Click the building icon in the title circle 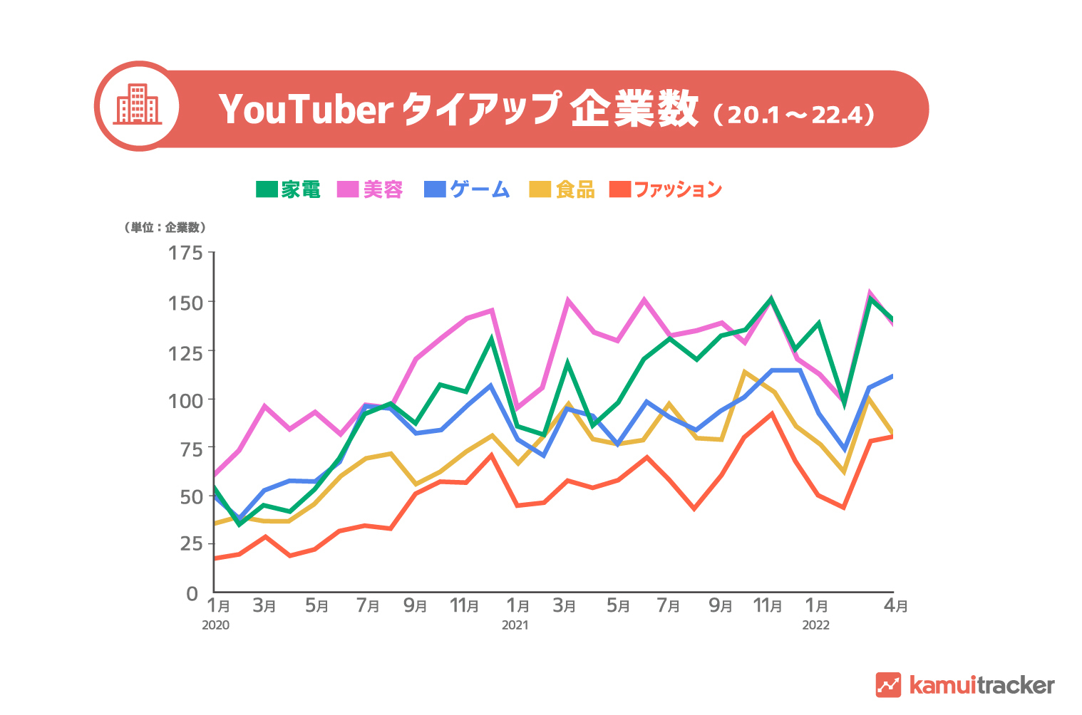pyautogui.click(x=138, y=105)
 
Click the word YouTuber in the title pyautogui.click(x=306, y=110)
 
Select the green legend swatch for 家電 pyautogui.click(x=267, y=189)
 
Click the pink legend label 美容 pyautogui.click(x=383, y=189)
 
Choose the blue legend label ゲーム pyautogui.click(x=480, y=189)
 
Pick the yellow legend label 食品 pyautogui.click(x=575, y=189)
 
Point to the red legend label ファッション pyautogui.click(x=677, y=189)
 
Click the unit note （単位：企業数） pyautogui.click(x=165, y=228)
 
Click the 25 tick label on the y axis pyautogui.click(x=190, y=544)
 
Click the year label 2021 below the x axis pyautogui.click(x=515, y=625)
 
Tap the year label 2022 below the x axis pyautogui.click(x=815, y=625)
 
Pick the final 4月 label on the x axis pyautogui.click(x=895, y=606)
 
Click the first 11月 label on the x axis pyautogui.click(x=464, y=606)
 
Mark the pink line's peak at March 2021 pyautogui.click(x=568, y=300)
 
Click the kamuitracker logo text pyautogui.click(x=981, y=685)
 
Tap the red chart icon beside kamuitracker pyautogui.click(x=888, y=685)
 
